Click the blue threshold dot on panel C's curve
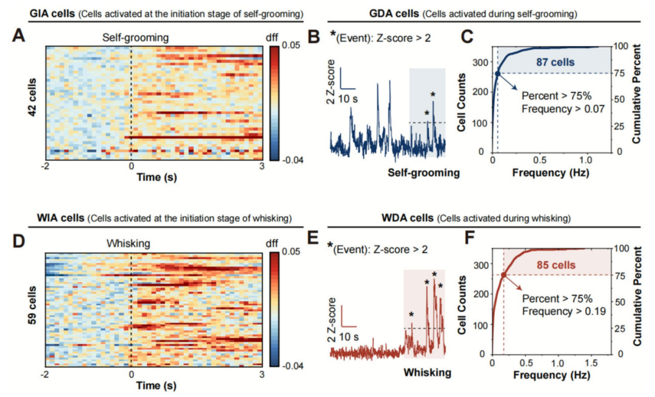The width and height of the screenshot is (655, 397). (497, 73)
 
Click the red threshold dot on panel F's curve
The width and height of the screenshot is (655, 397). (504, 275)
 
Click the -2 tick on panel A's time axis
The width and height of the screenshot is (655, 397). (45, 165)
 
